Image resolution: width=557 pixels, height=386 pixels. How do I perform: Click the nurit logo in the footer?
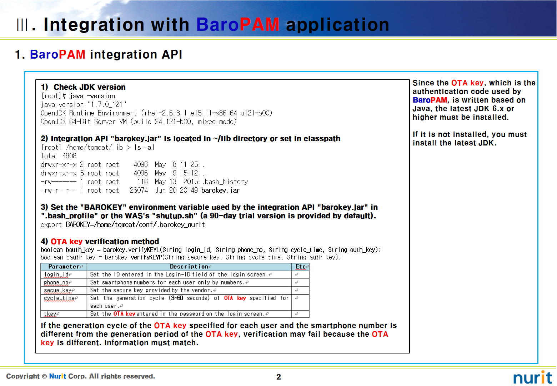(533, 377)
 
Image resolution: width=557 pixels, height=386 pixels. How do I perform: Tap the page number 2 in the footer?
(278, 377)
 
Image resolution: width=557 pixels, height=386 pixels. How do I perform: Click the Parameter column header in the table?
(64, 267)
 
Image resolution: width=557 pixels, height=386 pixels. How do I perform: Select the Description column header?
(189, 267)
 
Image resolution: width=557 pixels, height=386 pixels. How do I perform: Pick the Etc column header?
(300, 267)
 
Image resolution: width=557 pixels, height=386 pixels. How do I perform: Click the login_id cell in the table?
(56, 274)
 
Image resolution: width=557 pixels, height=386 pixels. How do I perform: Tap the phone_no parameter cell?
(56, 282)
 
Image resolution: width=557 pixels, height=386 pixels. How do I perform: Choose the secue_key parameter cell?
(58, 290)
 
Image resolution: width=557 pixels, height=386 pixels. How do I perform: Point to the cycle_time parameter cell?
(59, 298)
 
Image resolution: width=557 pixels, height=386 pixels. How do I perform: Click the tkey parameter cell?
(50, 314)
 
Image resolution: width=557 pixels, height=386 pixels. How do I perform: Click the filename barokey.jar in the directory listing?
(220, 190)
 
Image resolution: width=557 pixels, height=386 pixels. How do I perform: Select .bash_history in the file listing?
(225, 182)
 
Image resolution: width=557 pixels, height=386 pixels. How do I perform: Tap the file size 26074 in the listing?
(139, 190)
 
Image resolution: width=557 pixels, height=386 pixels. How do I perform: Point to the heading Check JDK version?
(90, 87)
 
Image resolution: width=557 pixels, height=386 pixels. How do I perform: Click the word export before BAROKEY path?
(51, 225)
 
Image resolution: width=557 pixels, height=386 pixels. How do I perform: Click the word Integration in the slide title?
(94, 25)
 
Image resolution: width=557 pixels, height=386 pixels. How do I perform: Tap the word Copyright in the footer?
(23, 376)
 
